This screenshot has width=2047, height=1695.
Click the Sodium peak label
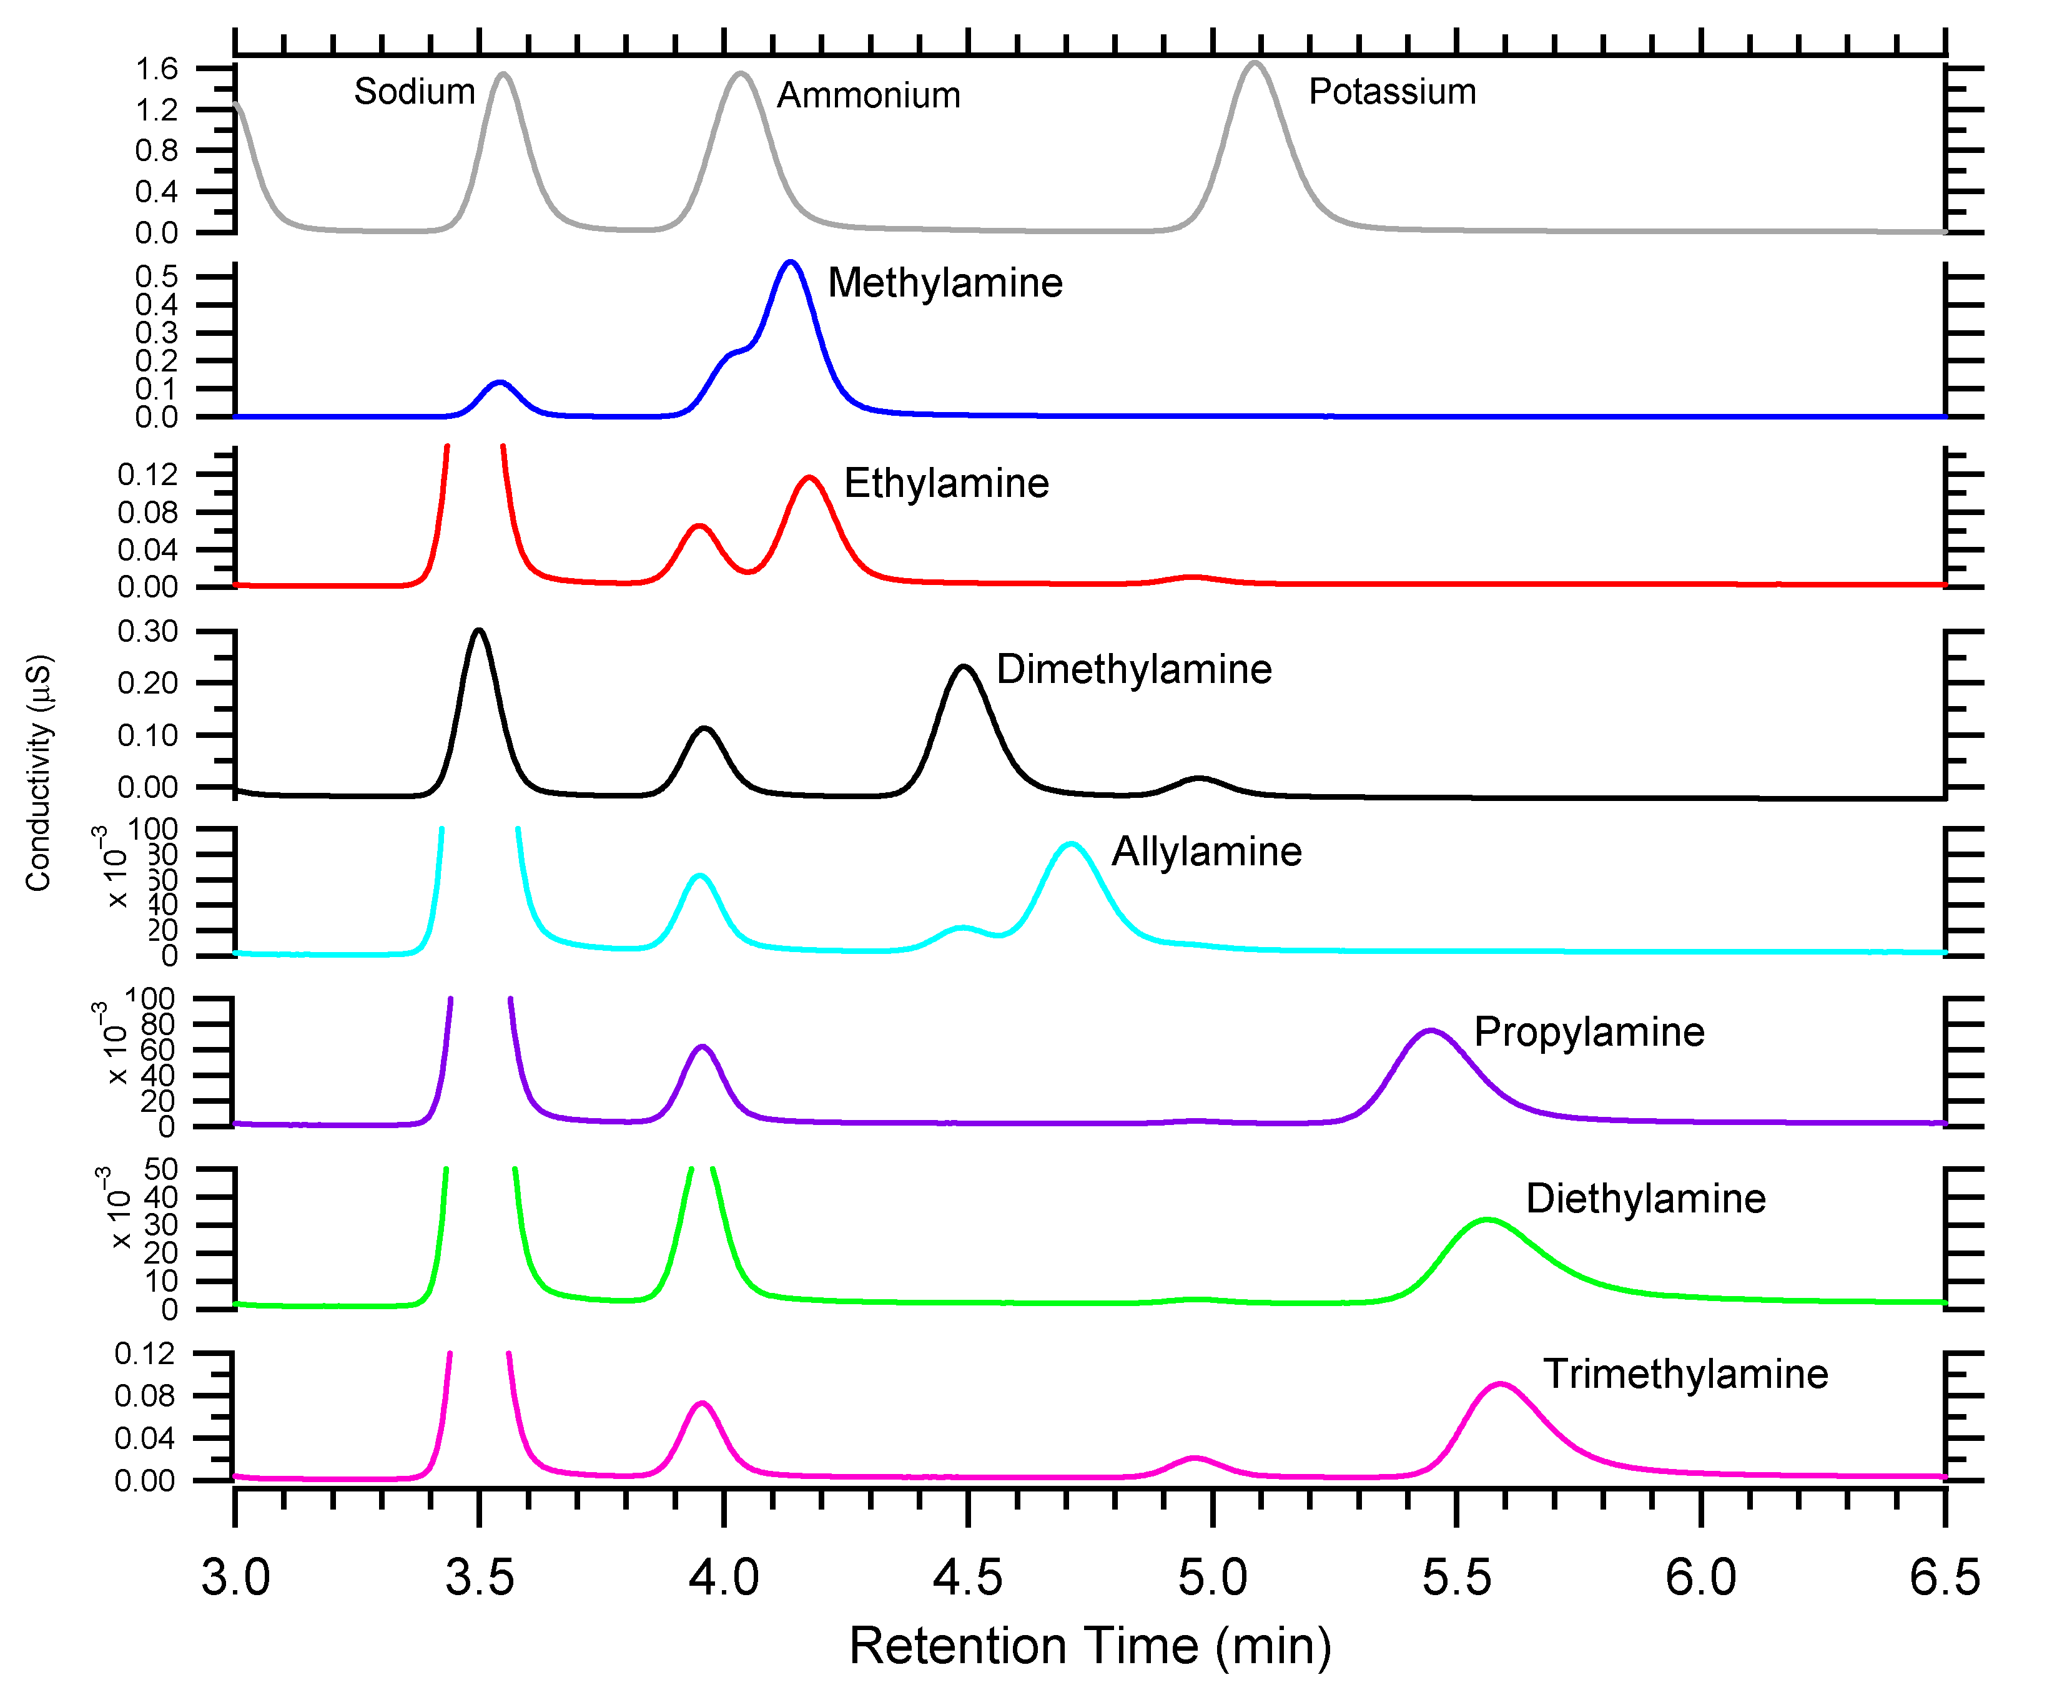414,92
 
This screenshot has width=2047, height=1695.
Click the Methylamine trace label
945,283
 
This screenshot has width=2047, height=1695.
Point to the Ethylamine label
945,483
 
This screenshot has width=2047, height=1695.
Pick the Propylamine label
1588,1032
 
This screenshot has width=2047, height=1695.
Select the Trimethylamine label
1684,1374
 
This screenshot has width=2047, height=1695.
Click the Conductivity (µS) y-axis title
38,773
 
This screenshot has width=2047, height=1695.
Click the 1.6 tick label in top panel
156,69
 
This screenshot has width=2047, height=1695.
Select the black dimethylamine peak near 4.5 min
963,667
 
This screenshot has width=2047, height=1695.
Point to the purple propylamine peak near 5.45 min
1430,1030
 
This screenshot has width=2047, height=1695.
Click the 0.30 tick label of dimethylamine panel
147,632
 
